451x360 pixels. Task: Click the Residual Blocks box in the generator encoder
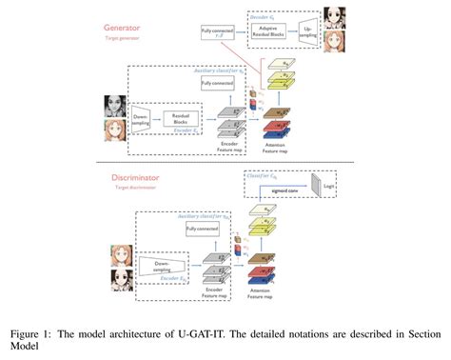click(x=180, y=118)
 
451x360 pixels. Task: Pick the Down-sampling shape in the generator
click(x=141, y=118)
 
